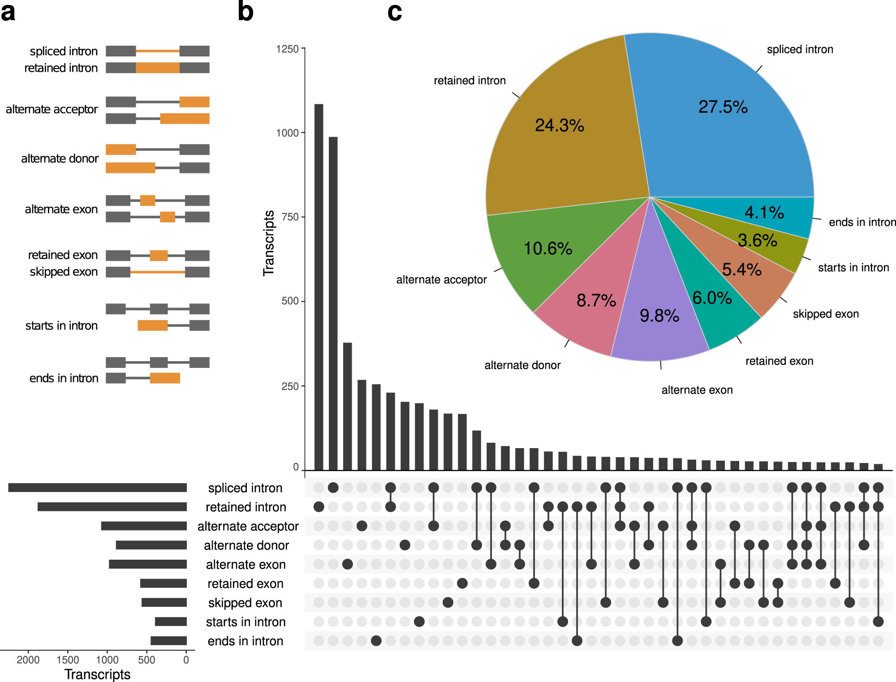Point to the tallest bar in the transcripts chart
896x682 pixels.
(319, 287)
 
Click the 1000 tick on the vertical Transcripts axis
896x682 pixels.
(287, 133)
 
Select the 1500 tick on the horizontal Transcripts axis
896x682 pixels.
(68, 660)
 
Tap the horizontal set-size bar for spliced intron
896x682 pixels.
(97, 488)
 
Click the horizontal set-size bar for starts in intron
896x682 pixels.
(171, 622)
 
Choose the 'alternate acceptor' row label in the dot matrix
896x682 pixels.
(248, 526)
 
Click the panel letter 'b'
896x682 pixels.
(246, 12)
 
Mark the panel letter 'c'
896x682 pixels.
(394, 12)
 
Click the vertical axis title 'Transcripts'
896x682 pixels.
(268, 243)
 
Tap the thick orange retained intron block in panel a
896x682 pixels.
(158, 68)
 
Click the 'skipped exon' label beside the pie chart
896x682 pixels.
(826, 314)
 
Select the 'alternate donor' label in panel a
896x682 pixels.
(60, 159)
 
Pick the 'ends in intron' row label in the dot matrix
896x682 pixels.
(245, 641)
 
